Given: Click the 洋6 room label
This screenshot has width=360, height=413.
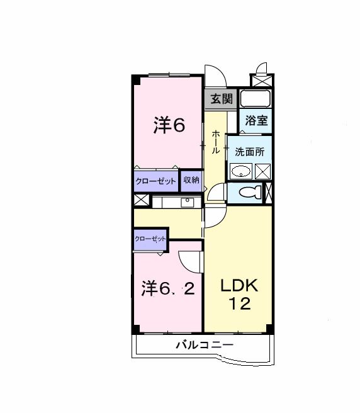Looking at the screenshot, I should (x=169, y=126).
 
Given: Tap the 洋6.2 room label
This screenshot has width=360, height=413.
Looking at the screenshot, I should (x=167, y=289).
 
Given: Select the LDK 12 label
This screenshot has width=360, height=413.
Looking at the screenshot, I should (x=238, y=295).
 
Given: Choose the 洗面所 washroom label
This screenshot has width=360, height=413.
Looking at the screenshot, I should (x=249, y=152).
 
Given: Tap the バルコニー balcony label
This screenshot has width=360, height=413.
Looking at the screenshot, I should (x=204, y=345).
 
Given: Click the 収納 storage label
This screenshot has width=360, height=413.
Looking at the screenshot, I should (x=191, y=180).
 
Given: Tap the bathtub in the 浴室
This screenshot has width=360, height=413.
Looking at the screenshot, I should (x=256, y=99).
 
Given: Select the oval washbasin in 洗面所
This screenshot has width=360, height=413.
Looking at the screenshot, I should (x=241, y=171).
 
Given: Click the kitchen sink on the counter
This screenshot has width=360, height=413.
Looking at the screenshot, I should (x=187, y=203).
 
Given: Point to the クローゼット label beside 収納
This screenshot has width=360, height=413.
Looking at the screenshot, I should (x=155, y=181).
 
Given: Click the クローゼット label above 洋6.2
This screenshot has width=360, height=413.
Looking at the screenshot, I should (x=150, y=239).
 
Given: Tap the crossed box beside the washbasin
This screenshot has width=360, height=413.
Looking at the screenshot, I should (x=262, y=171).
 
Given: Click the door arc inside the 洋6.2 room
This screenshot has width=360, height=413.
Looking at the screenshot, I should (x=189, y=259).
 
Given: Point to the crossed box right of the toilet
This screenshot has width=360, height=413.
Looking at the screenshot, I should (x=270, y=193).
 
